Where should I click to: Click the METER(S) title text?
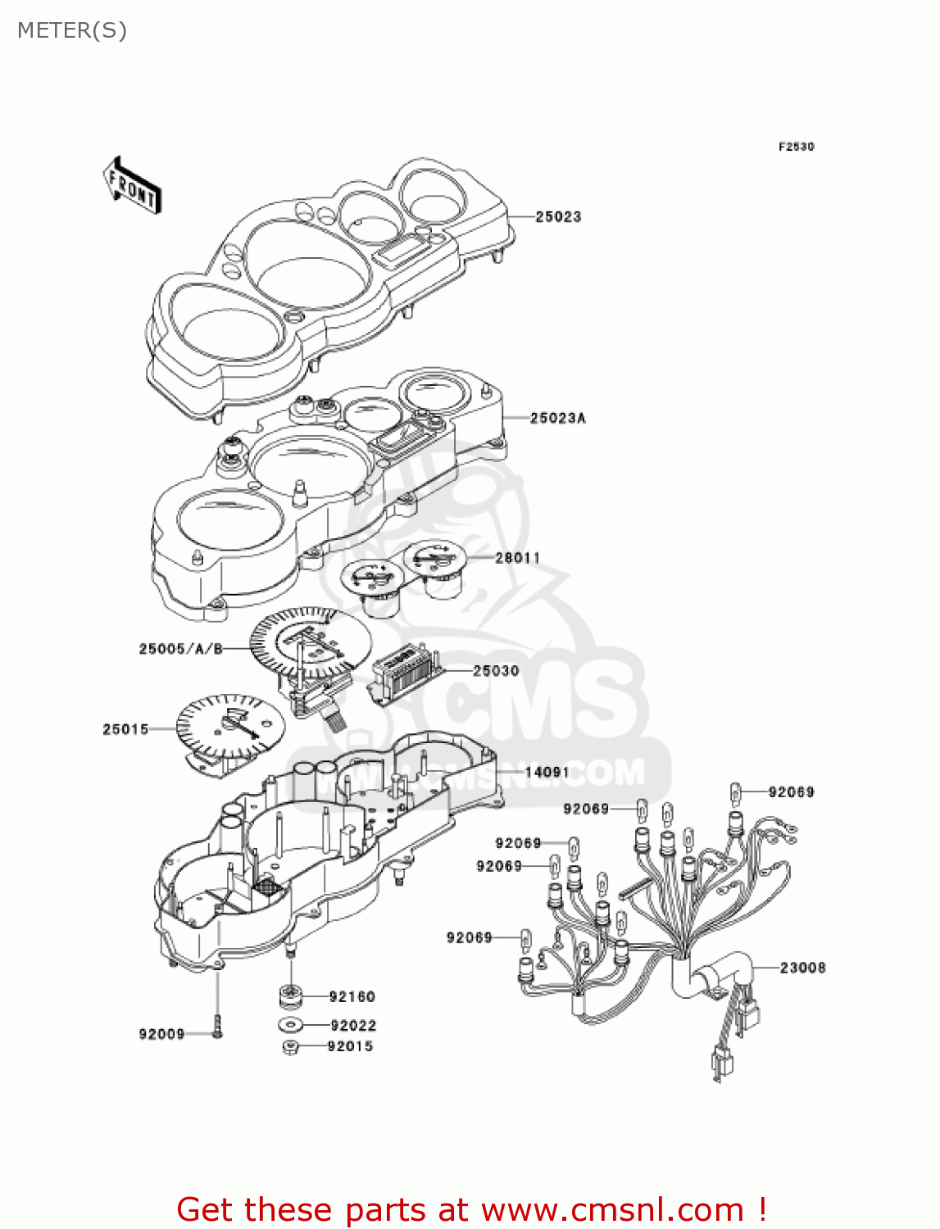(72, 30)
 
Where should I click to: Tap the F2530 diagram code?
(796, 147)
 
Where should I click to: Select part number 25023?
(558, 216)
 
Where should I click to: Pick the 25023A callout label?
(557, 418)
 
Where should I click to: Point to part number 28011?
(518, 557)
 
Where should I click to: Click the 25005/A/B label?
(181, 649)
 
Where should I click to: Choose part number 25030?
(496, 670)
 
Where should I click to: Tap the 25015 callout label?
(125, 728)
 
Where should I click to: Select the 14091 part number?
(547, 772)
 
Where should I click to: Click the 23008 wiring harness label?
(802, 968)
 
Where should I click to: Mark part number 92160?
(352, 996)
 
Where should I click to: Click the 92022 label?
(353, 1025)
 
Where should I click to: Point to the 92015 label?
(350, 1046)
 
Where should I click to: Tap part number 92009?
(161, 1034)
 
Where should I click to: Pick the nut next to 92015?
(290, 1047)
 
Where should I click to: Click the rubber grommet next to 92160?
(290, 996)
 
